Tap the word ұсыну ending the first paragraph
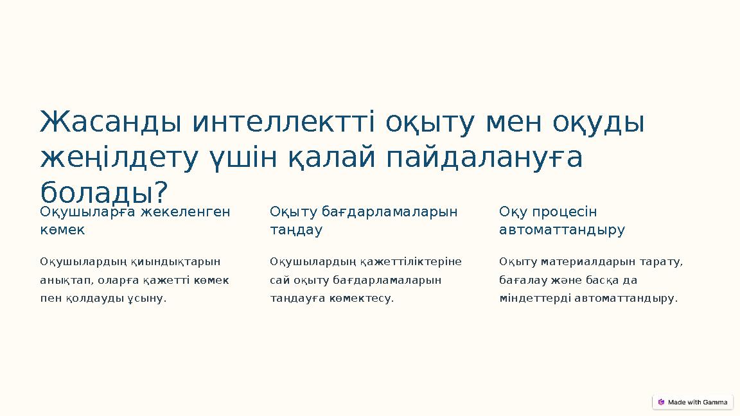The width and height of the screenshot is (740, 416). (x=147, y=299)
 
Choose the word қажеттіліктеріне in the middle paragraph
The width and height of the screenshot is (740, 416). (x=410, y=262)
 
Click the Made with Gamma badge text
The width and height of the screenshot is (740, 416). (x=698, y=403)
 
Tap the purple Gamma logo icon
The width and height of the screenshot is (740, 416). (x=661, y=403)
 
